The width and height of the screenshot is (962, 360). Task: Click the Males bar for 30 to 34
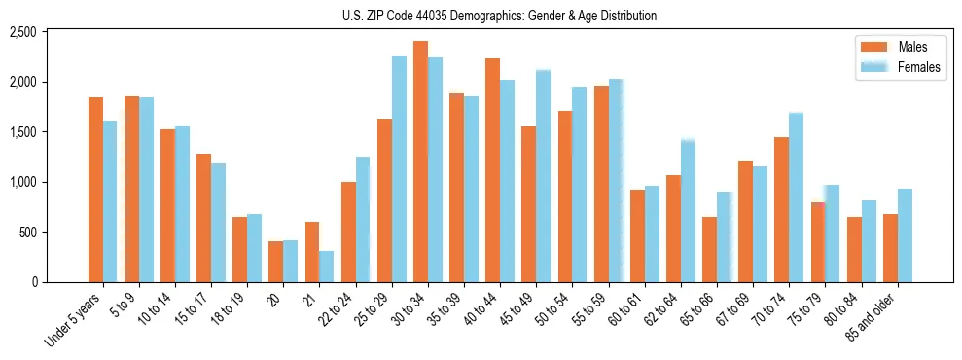420,162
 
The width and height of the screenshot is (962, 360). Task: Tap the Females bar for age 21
326,267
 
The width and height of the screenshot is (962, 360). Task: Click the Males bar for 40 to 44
492,170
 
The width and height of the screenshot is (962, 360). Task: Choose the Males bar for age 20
276,262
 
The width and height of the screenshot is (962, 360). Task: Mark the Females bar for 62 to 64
688,211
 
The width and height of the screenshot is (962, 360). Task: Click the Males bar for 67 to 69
745,222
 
